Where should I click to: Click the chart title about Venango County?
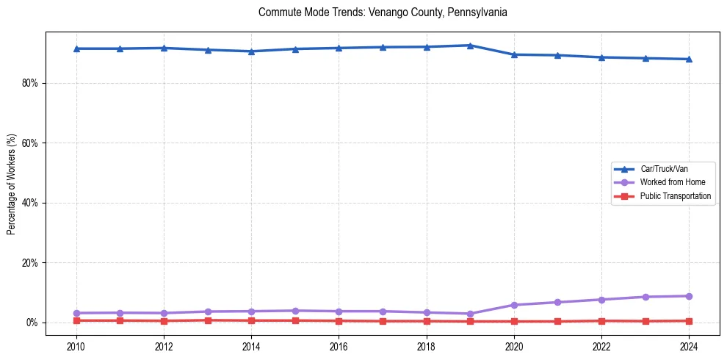pyautogui.click(x=383, y=12)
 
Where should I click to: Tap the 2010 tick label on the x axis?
pyautogui.click(x=76, y=346)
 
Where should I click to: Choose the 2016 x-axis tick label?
pyautogui.click(x=339, y=346)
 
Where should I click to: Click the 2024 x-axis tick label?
pyautogui.click(x=689, y=346)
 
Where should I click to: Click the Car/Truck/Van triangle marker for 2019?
pyautogui.click(x=470, y=46)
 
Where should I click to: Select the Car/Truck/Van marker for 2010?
pyautogui.click(x=76, y=48)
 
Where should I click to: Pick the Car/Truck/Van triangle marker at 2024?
pyautogui.click(x=689, y=59)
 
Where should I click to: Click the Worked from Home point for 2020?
pyautogui.click(x=514, y=305)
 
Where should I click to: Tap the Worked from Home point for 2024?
pyautogui.click(x=689, y=296)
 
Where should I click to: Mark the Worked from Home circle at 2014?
pyautogui.click(x=251, y=312)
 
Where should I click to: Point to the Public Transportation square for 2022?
pyautogui.click(x=601, y=321)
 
